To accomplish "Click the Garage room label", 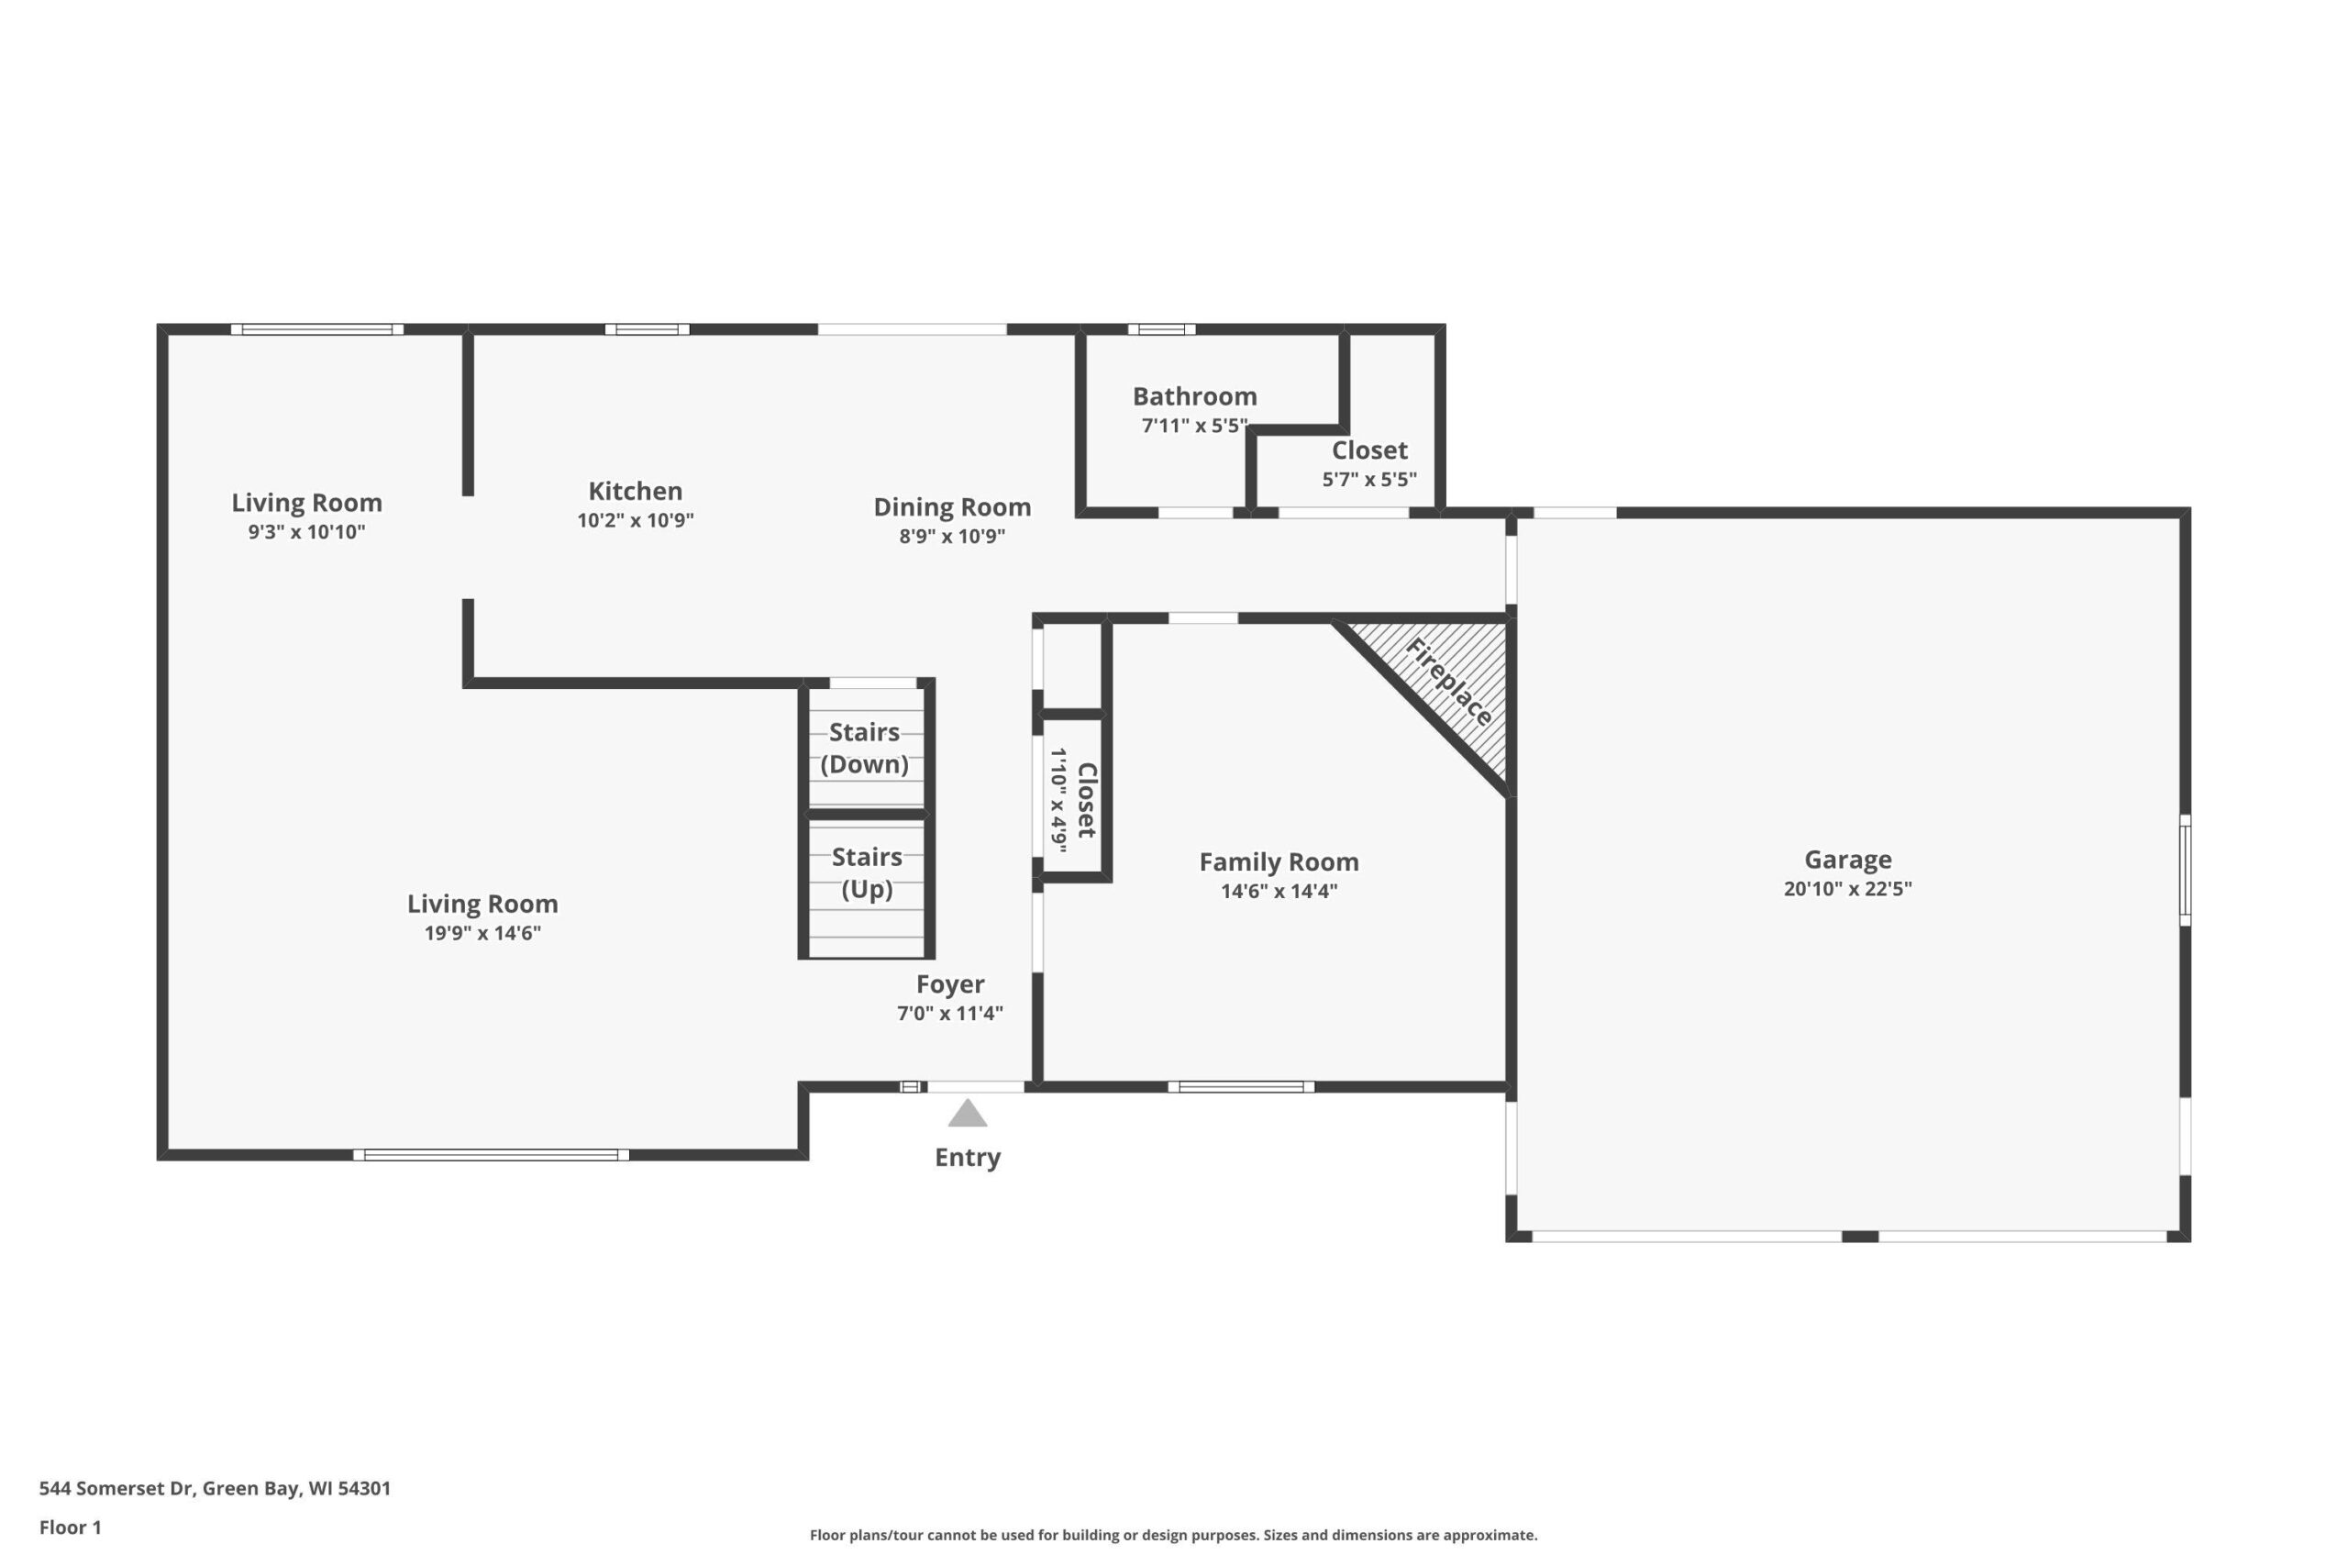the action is tap(1847, 860).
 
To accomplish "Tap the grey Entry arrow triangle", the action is tap(968, 1114).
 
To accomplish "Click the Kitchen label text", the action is tap(635, 492).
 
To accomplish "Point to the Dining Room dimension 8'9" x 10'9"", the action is tap(951, 536).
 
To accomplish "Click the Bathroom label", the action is tap(1194, 396).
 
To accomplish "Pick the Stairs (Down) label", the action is tap(865, 748).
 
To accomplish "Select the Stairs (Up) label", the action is tap(867, 872).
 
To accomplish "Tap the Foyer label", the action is tap(949, 985).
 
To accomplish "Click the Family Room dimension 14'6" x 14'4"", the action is tap(1279, 891).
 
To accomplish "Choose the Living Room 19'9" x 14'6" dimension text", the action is tap(482, 933).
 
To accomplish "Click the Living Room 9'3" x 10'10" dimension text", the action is tap(306, 531).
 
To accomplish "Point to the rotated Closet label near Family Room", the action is tap(1086, 801).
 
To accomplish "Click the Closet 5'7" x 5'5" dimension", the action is tap(1368, 480).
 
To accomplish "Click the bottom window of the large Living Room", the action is tap(492, 1154).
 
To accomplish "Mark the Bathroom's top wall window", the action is tap(1162, 329).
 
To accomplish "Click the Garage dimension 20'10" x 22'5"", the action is tap(1847, 889).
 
